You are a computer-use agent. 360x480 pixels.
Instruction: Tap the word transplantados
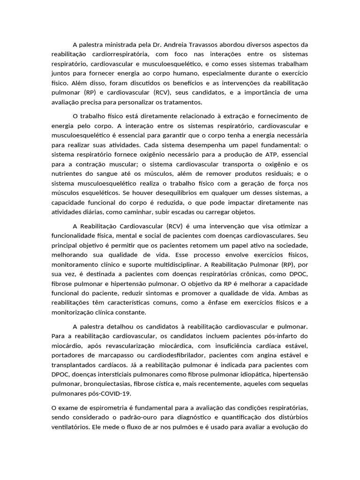click(74, 365)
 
